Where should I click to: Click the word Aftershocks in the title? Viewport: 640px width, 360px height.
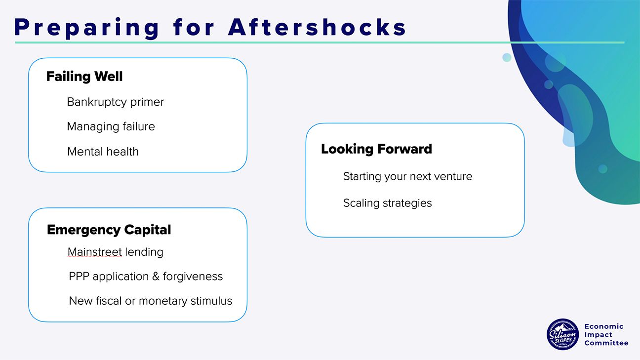(x=317, y=27)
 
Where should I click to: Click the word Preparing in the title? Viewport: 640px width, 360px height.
(x=86, y=28)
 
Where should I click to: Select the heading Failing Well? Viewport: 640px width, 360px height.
(x=84, y=76)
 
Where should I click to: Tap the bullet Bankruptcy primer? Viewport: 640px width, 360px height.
(x=116, y=102)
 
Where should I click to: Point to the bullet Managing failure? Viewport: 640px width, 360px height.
(x=111, y=126)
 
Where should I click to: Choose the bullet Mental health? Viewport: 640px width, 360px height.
(x=103, y=152)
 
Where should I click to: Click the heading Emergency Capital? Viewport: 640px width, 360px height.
(x=109, y=230)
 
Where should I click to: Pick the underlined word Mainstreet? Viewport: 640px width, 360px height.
(x=95, y=252)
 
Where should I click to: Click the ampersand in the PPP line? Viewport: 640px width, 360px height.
(x=156, y=276)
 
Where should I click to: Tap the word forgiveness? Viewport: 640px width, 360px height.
(x=193, y=277)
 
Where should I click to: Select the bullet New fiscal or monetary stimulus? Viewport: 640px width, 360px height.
(x=151, y=301)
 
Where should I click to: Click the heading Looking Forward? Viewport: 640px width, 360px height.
(x=376, y=149)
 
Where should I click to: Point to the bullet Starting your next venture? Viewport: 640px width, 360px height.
(x=407, y=177)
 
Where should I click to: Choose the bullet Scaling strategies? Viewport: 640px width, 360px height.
(x=387, y=203)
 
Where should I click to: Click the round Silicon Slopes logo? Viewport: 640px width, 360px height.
(x=562, y=335)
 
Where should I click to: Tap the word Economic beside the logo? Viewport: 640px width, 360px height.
(x=604, y=326)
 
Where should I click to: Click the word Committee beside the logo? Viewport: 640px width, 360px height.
(x=606, y=343)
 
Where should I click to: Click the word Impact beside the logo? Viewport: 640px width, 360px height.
(x=599, y=335)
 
